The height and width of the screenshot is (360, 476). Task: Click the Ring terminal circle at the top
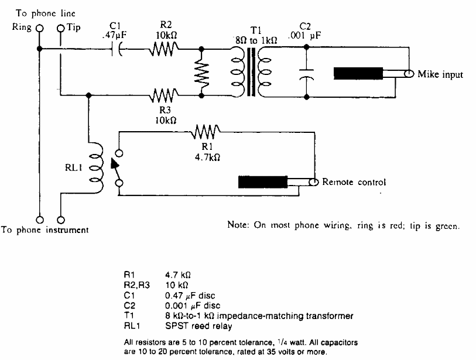click(x=40, y=28)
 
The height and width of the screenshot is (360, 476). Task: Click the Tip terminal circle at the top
click(x=61, y=28)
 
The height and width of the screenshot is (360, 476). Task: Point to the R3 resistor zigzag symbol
click(x=163, y=93)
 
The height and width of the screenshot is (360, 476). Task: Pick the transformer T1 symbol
click(x=251, y=71)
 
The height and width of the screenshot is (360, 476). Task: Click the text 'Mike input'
click(x=441, y=75)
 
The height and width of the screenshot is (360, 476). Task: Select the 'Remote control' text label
click(x=354, y=183)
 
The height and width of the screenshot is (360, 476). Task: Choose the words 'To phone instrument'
click(x=44, y=230)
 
